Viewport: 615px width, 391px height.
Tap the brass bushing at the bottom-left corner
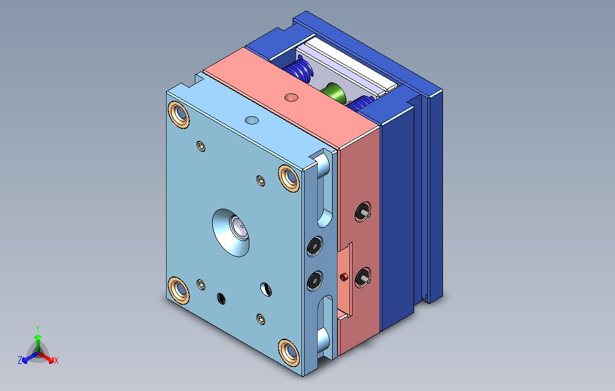point(179,290)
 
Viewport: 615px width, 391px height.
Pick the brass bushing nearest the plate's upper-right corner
point(290,178)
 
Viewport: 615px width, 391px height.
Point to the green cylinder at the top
point(333,93)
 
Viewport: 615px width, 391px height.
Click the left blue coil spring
point(302,71)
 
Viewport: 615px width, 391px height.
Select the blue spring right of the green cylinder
point(360,104)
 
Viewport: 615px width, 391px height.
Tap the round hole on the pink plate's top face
point(291,97)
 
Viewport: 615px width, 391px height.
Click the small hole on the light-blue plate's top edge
point(252,121)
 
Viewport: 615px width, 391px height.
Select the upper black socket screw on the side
point(315,245)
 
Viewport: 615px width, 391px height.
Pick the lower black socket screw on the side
point(315,281)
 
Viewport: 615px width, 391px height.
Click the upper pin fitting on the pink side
point(363,212)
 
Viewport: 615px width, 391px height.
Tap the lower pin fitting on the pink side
point(363,277)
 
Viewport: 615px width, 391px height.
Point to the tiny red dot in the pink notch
point(344,276)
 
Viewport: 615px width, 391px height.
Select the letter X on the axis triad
point(56,360)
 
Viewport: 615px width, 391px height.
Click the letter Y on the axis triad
point(37,329)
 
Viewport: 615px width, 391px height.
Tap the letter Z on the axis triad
point(20,360)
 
